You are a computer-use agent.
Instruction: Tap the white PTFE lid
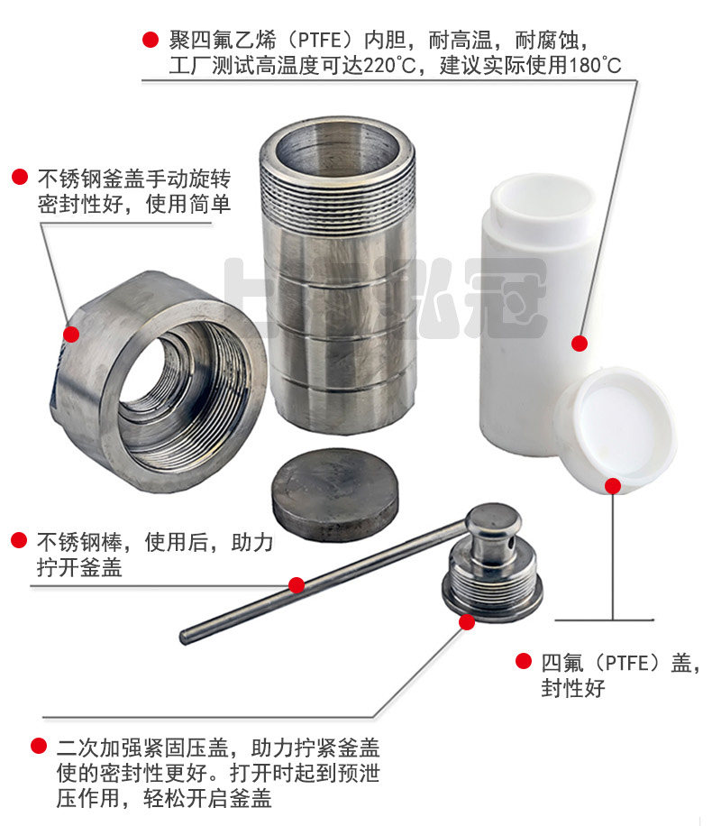click(615, 428)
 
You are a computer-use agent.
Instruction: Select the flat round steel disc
click(335, 493)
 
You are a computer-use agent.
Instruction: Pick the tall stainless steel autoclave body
click(339, 271)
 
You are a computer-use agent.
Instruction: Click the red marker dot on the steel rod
click(296, 584)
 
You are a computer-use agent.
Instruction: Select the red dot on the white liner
click(580, 343)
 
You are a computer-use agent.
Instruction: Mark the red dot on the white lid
click(613, 486)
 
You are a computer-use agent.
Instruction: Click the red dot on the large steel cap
click(71, 335)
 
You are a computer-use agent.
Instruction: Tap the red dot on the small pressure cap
click(467, 621)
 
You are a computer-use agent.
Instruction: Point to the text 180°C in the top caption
click(595, 66)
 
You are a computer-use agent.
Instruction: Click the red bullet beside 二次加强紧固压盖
click(39, 747)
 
